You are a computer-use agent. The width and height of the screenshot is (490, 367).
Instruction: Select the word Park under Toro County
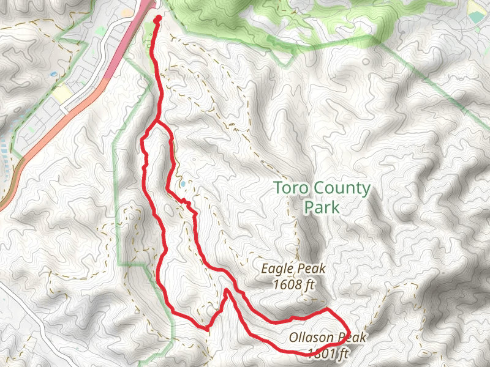(322, 207)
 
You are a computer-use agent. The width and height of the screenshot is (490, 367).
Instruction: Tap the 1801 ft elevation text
(328, 353)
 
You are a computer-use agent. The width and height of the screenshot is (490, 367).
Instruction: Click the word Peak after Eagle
(312, 269)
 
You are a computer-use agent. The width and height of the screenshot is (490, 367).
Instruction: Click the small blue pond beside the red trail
(183, 183)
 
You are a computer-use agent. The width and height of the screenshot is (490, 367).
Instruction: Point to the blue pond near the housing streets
(54, 74)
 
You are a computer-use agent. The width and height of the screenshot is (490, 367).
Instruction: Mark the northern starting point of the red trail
(157, 19)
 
